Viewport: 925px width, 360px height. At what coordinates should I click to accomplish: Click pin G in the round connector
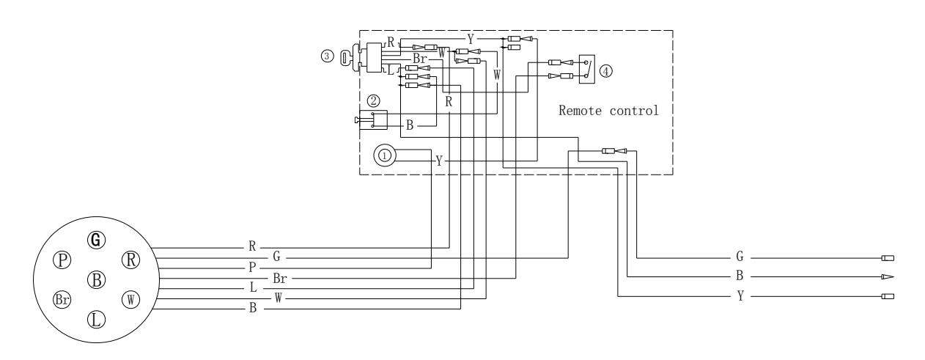tap(97, 240)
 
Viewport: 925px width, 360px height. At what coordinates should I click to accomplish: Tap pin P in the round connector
tap(62, 260)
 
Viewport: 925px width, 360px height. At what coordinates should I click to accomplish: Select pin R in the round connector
tap(131, 260)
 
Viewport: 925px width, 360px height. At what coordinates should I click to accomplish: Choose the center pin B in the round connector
tap(97, 280)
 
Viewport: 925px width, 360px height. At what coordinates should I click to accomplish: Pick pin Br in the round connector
tap(62, 299)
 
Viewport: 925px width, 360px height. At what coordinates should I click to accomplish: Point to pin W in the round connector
tap(131, 299)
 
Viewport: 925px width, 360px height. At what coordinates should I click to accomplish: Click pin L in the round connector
tap(97, 319)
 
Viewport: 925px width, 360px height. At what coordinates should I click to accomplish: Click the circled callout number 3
tap(327, 56)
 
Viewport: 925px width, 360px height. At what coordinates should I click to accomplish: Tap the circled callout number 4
tap(605, 71)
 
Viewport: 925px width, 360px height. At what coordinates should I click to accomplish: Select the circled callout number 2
tap(373, 100)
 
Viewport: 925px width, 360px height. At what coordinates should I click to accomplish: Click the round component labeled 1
tap(385, 155)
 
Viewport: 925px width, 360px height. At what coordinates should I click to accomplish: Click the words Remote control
tap(608, 111)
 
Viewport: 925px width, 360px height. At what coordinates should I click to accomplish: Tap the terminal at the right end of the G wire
tap(888, 258)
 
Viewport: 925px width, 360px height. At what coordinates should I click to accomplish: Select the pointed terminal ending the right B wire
tap(888, 276)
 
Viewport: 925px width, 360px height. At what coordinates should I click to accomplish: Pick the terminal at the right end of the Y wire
tap(888, 296)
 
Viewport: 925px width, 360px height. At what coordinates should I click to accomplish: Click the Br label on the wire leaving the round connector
tap(280, 279)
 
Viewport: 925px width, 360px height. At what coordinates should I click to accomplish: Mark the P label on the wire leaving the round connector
tap(252, 268)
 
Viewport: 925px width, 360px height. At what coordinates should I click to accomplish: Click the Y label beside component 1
tap(439, 161)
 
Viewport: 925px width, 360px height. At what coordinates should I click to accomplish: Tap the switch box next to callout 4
tap(587, 70)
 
